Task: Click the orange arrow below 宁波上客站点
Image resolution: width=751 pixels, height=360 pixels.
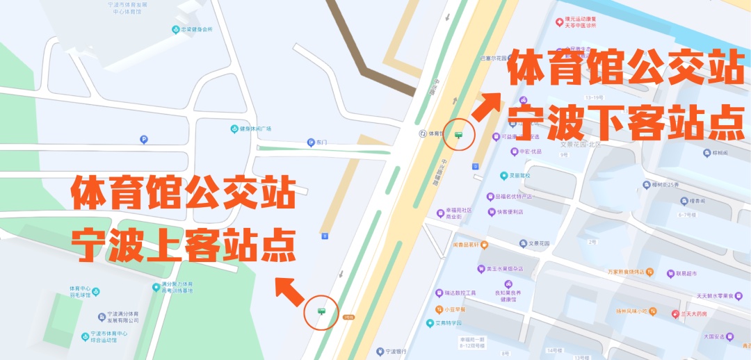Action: (289, 290)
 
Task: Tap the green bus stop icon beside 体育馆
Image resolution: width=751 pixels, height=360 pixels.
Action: (458, 135)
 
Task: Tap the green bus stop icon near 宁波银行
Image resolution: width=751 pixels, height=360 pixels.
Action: (321, 312)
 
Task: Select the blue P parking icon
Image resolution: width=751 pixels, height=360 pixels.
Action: (144, 140)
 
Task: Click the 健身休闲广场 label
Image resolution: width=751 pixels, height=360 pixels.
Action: (251, 129)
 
